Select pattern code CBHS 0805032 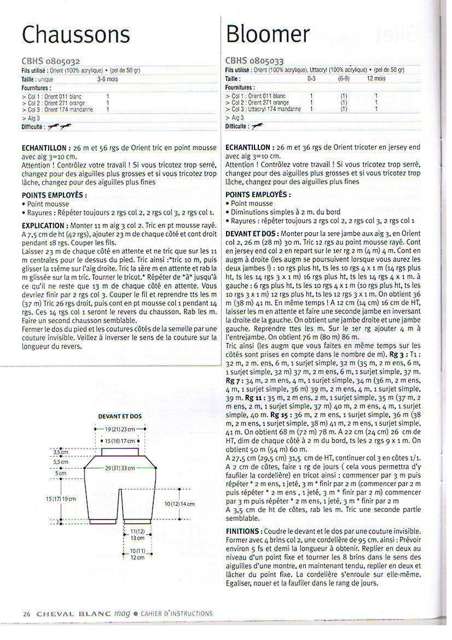(51, 61)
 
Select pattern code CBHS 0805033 (254, 61)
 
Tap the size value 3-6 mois (107, 79)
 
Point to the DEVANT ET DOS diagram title (119, 416)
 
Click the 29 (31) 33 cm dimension (119, 468)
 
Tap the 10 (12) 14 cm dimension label (179, 504)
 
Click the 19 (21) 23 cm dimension (119, 430)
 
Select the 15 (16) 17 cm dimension (119, 440)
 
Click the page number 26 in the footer (26, 614)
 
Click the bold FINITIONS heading (244, 531)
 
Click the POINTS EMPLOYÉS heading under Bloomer (258, 194)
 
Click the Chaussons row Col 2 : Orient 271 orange (57, 102)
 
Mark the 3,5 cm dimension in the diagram (60, 452)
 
